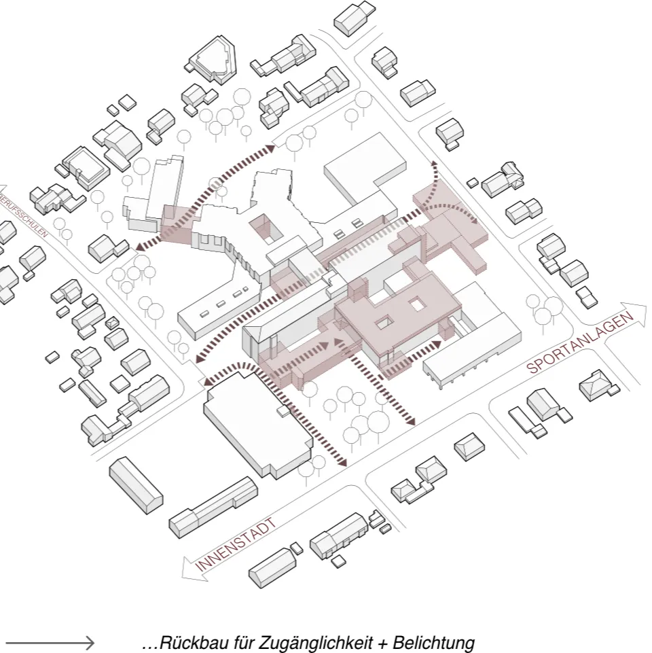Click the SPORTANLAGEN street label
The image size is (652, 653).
(580, 342)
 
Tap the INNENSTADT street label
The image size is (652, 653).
(235, 544)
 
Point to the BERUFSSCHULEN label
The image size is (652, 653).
(24, 215)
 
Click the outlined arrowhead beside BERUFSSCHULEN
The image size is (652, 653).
(2, 189)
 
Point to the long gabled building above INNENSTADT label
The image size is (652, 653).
(213, 508)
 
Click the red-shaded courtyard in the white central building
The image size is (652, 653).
(265, 228)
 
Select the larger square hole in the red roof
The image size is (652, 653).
(417, 305)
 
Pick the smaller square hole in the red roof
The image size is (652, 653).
(384, 321)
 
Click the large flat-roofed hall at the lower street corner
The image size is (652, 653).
(259, 423)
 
